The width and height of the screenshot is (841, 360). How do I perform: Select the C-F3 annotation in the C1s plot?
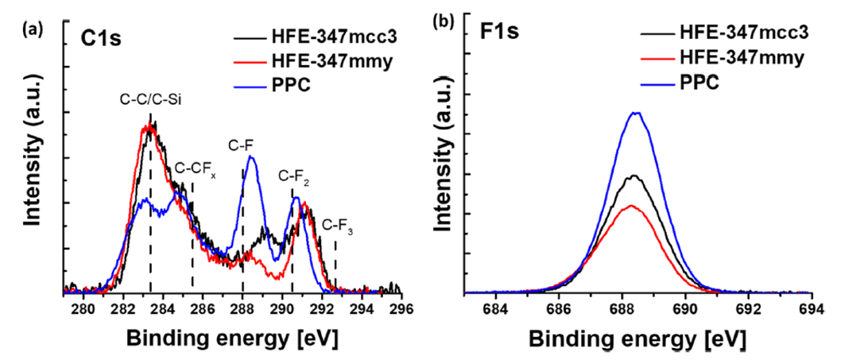(337, 227)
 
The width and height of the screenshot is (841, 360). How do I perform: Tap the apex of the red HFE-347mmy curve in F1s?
(630, 205)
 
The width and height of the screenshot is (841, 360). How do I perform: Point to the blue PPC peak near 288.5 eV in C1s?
(251, 157)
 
